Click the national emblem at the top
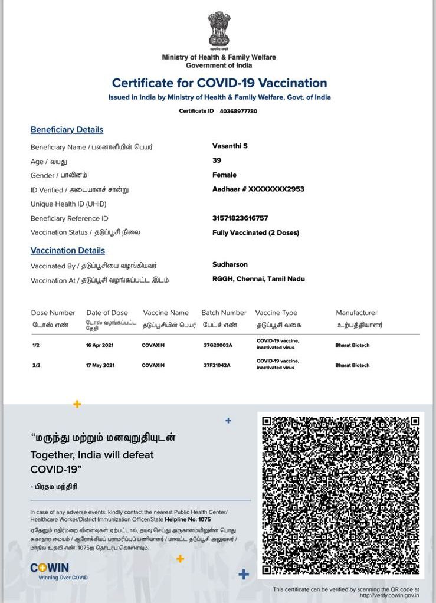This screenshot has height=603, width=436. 219,30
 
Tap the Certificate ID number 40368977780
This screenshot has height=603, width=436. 238,111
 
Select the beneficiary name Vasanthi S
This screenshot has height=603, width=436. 230,146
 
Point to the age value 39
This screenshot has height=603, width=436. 217,160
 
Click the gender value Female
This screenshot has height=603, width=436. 224,175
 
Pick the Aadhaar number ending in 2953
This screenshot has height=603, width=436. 258,189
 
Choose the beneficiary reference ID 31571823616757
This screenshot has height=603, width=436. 240,218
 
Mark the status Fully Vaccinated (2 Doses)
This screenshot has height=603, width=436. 255,232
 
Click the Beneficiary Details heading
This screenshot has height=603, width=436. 67,130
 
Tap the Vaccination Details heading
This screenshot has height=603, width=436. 68,251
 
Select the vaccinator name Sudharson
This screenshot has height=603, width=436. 230,264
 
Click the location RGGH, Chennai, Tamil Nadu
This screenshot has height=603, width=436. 258,278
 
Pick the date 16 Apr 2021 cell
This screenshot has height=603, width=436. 100,345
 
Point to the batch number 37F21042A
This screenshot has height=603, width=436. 217,365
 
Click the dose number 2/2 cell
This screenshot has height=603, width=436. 37,365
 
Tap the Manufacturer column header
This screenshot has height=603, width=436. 356,313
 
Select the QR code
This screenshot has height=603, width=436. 340,495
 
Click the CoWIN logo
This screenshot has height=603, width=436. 50,568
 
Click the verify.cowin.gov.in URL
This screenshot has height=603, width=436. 389,595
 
